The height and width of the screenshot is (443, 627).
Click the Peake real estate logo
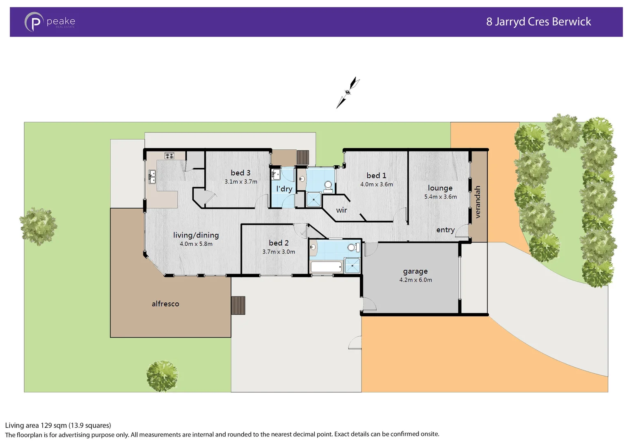(50, 22)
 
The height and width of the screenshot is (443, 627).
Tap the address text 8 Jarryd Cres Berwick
(538, 22)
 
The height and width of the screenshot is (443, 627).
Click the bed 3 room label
(240, 173)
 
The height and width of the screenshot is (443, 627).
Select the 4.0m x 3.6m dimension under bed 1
(376, 185)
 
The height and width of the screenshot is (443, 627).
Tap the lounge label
(440, 188)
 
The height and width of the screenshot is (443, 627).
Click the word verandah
(477, 202)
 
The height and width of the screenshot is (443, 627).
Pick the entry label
(445, 230)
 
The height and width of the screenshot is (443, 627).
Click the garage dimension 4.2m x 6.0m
(415, 280)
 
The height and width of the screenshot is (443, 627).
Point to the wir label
(341, 210)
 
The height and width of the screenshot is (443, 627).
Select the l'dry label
(284, 189)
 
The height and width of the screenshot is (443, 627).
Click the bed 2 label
(279, 243)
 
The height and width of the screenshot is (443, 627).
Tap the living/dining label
(196, 235)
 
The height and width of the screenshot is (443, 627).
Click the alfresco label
(165, 304)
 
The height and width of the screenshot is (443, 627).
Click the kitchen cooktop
(169, 156)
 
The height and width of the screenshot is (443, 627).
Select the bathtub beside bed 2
(326, 267)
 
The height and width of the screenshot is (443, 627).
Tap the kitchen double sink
(152, 177)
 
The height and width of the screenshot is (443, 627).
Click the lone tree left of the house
(39, 226)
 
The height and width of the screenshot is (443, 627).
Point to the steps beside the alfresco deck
(238, 306)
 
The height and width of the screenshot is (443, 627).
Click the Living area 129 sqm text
(58, 425)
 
